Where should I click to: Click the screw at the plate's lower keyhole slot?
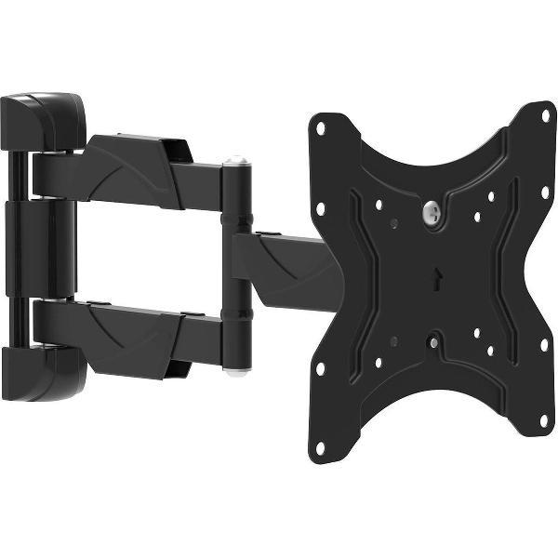434,342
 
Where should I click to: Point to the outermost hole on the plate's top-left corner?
321,128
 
